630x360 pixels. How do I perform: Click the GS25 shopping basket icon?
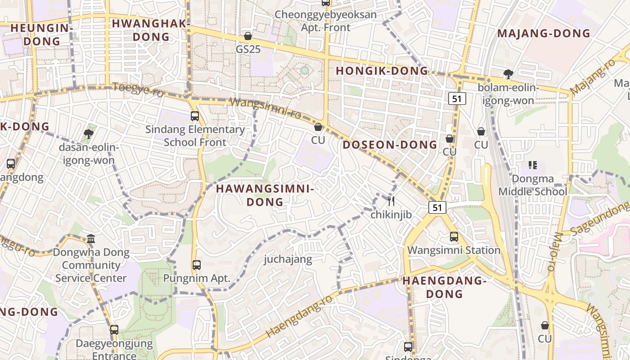tap(247, 36)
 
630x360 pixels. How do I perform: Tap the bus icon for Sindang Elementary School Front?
tap(195, 116)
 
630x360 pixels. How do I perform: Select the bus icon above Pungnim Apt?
tap(197, 265)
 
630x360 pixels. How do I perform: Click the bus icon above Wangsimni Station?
tap(454, 237)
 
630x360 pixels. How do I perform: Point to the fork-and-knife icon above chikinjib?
tap(391, 201)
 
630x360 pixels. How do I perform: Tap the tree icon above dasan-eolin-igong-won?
tap(89, 134)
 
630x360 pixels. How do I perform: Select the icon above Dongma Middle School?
tap(533, 165)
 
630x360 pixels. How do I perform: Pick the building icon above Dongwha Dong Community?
tap(91, 238)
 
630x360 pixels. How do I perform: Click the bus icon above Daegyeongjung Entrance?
tap(114, 330)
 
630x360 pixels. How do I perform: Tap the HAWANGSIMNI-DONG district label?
tap(265, 195)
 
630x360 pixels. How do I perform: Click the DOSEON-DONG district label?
tap(390, 144)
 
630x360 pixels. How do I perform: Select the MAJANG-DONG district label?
tap(544, 33)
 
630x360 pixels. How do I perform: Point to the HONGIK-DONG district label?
tap(382, 71)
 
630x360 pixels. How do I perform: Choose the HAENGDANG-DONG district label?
tap(444, 287)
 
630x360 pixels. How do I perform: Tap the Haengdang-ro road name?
tap(300, 316)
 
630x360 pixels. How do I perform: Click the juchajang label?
tap(288, 259)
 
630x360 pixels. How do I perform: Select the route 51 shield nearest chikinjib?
tap(437, 207)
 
